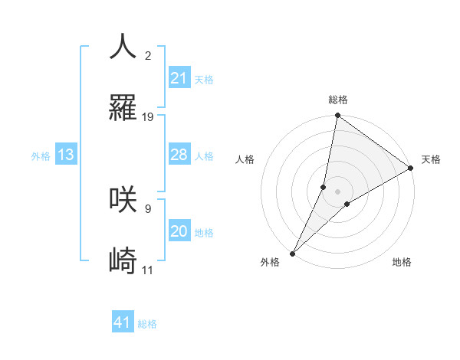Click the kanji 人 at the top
(x=123, y=46)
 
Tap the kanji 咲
(x=123, y=199)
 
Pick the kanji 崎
(x=123, y=261)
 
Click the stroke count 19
(x=148, y=117)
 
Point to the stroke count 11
(x=148, y=270)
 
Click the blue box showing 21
(x=179, y=78)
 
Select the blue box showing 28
(x=179, y=155)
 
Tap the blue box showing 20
(x=179, y=231)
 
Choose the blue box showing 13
(x=65, y=155)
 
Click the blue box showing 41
(x=123, y=322)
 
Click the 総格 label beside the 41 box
(x=147, y=324)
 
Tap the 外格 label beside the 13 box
(x=41, y=156)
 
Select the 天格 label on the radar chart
(x=431, y=160)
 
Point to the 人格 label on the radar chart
(x=245, y=160)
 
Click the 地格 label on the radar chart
(x=402, y=263)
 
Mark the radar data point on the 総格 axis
(x=337, y=116)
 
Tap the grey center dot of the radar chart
(x=337, y=191)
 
